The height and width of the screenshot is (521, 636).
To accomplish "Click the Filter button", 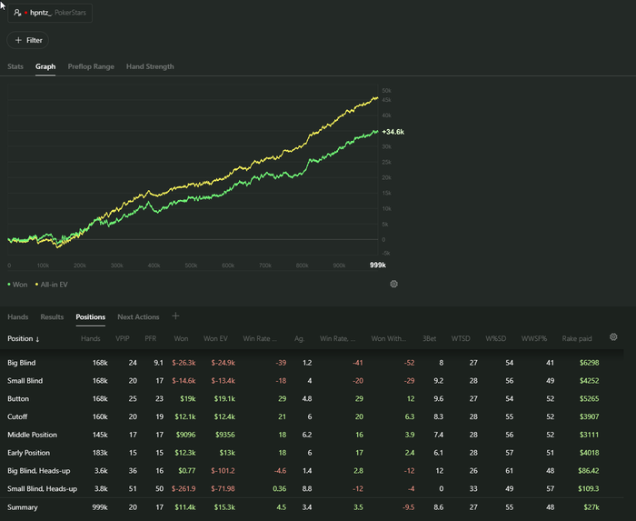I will coord(28,40).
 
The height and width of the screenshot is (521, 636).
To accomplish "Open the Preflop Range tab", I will coord(91,66).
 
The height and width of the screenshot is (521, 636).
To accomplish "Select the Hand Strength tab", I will coord(150,66).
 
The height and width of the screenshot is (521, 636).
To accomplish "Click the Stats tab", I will coord(15,66).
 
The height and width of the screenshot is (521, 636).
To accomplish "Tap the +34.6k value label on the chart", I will coord(393,132).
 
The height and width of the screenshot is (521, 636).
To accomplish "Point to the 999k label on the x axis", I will coord(377,266).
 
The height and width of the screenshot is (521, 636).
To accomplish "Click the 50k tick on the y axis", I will coord(386,91).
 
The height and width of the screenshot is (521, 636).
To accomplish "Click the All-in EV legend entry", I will coord(52,285).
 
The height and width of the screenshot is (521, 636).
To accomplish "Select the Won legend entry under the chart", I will coord(18,285).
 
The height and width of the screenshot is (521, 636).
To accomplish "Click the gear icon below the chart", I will coord(394,284).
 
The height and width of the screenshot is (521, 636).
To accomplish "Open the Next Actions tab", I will coord(138,317).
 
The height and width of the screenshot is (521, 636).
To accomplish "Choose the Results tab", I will coord(52,317).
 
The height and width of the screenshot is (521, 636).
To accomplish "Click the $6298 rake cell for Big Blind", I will coord(588,363).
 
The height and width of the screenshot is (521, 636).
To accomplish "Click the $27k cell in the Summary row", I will coord(591,506).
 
